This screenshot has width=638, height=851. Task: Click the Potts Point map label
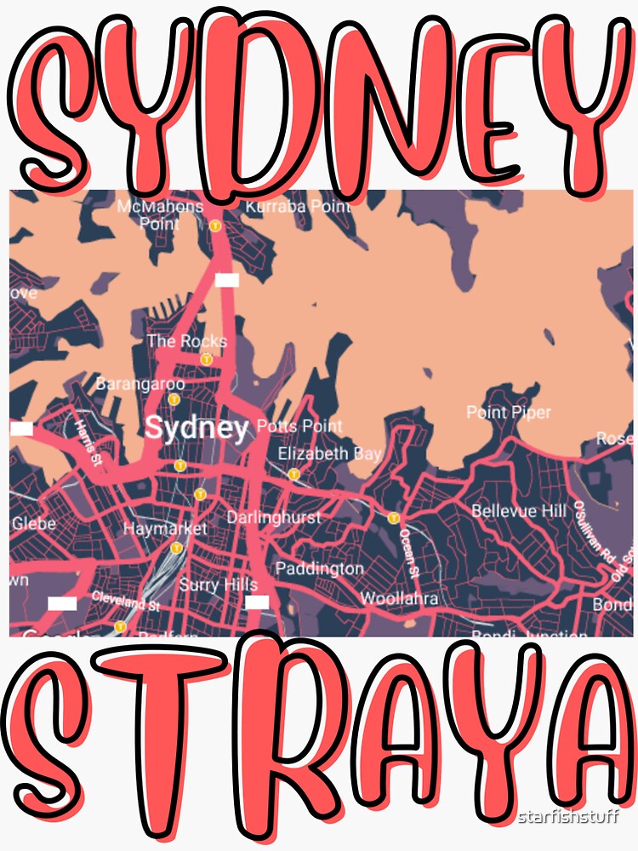(x=299, y=425)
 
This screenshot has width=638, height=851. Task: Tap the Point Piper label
(x=509, y=413)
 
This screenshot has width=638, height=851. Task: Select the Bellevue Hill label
(x=518, y=511)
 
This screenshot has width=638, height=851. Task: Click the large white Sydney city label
(x=197, y=427)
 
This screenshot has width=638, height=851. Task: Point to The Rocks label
(x=186, y=341)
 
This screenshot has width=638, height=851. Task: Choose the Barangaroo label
(x=140, y=384)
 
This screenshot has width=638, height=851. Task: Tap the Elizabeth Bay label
(x=329, y=453)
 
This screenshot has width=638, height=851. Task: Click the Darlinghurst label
(x=273, y=517)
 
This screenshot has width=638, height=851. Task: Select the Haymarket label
(x=165, y=528)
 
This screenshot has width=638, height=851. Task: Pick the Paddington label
(x=319, y=568)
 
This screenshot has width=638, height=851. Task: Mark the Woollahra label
(x=399, y=598)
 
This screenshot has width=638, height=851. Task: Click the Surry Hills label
(x=218, y=585)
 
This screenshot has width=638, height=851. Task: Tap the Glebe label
(x=33, y=523)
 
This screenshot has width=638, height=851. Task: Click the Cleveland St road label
(x=126, y=602)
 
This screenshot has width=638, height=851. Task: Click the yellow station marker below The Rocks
(x=206, y=360)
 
